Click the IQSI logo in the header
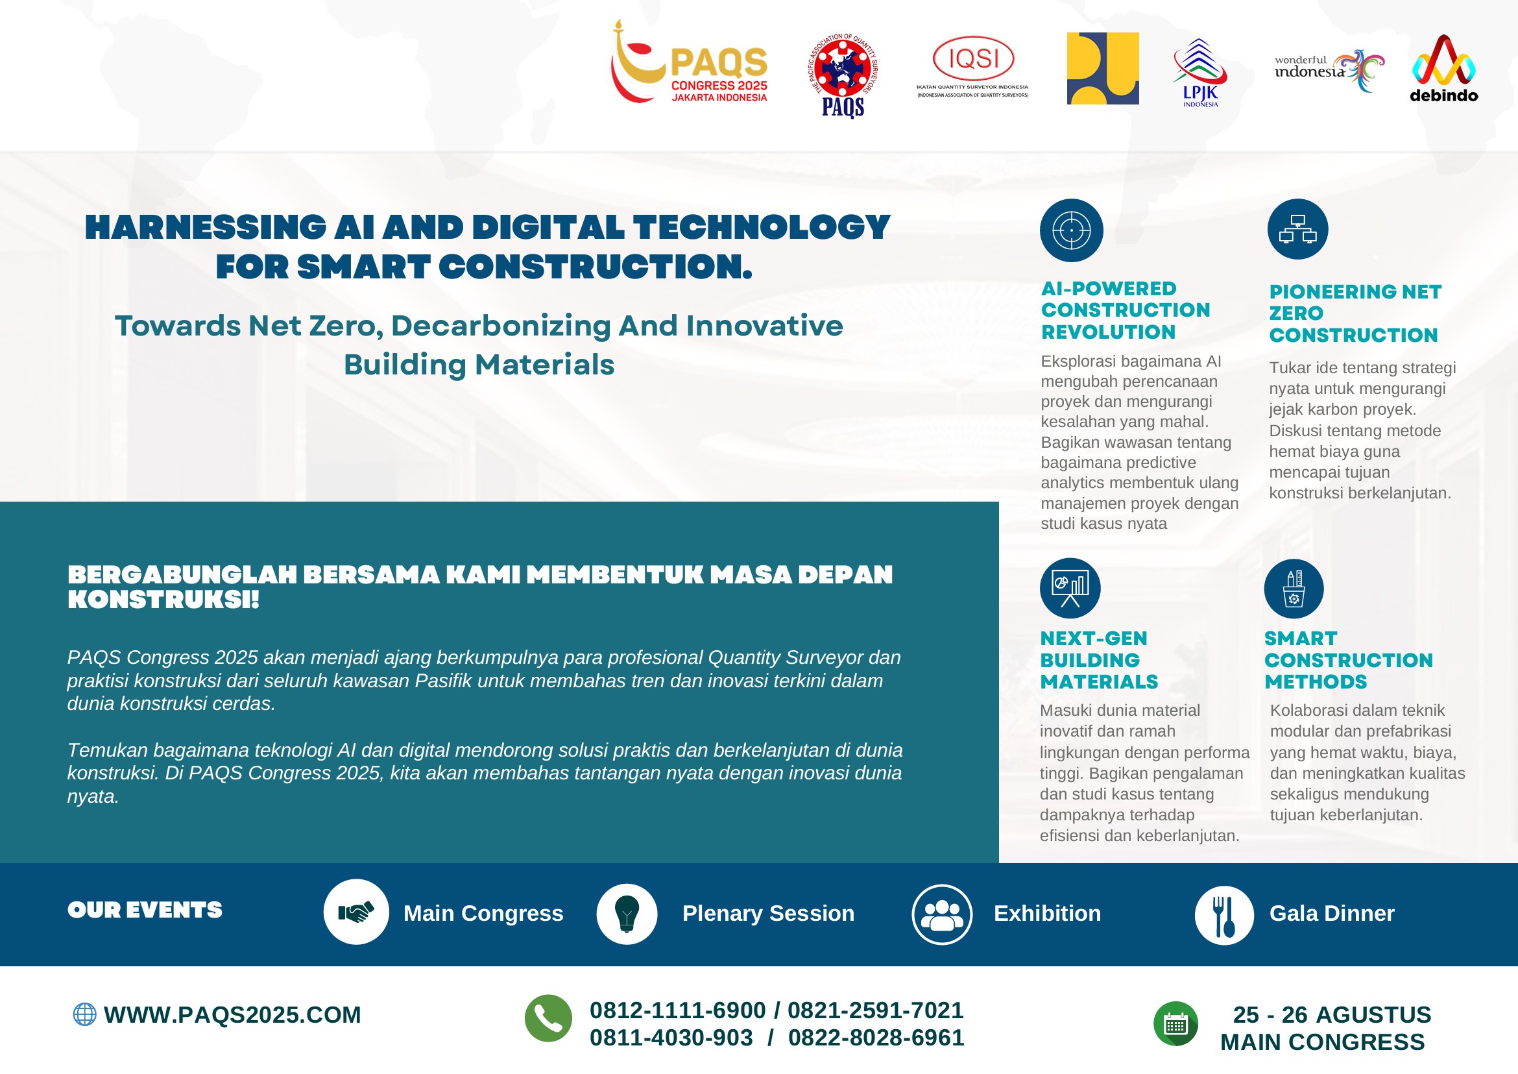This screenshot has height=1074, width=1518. click(x=972, y=66)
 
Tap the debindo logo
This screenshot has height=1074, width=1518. click(x=1444, y=69)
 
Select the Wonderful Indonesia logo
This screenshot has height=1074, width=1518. click(x=1329, y=69)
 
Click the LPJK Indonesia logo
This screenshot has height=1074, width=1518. click(x=1200, y=72)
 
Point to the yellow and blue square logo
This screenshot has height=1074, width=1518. click(x=1103, y=68)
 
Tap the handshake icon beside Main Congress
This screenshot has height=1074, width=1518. click(x=355, y=912)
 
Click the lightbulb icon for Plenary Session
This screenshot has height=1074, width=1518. click(x=627, y=913)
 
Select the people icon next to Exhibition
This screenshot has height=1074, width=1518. click(x=942, y=914)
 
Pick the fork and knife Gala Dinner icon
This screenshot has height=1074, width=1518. click(x=1223, y=915)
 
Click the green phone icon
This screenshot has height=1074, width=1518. click(x=548, y=1018)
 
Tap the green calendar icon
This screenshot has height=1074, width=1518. click(x=1175, y=1024)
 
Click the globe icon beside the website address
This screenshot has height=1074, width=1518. click(x=84, y=1014)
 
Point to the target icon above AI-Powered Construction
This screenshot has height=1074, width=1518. click(x=1071, y=230)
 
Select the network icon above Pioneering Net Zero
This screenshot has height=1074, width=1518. click(x=1297, y=229)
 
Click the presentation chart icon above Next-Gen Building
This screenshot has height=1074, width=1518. click(x=1070, y=588)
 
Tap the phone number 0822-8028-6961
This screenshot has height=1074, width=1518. click(x=876, y=1038)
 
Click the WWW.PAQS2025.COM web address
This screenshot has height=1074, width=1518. click(x=232, y=1014)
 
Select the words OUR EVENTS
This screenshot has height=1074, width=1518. click(x=145, y=910)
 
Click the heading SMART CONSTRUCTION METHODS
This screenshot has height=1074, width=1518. click(x=1349, y=659)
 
